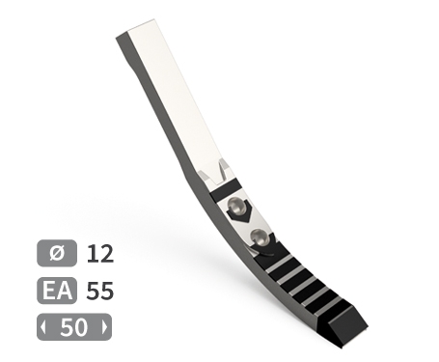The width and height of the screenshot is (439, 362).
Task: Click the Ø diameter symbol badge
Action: point(57,253)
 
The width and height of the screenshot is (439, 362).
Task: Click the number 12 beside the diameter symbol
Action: point(100,254)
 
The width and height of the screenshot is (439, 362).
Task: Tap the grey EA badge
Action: point(57,291)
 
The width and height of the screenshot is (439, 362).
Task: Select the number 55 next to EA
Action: point(100,291)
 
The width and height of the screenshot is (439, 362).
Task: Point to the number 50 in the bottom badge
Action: point(74,327)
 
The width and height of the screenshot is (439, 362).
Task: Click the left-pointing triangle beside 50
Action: point(43,327)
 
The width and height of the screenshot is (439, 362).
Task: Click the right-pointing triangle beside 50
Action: point(105,327)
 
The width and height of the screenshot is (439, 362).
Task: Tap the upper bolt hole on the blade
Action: point(235,206)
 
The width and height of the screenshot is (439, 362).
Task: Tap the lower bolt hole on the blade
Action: point(259,237)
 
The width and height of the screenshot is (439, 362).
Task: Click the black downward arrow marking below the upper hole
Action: point(242,214)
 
